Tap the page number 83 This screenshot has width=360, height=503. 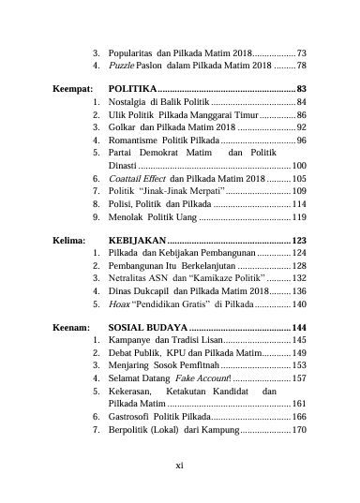(301, 87)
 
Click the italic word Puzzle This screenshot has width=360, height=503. (122, 67)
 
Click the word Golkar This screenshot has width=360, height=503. (123, 126)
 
